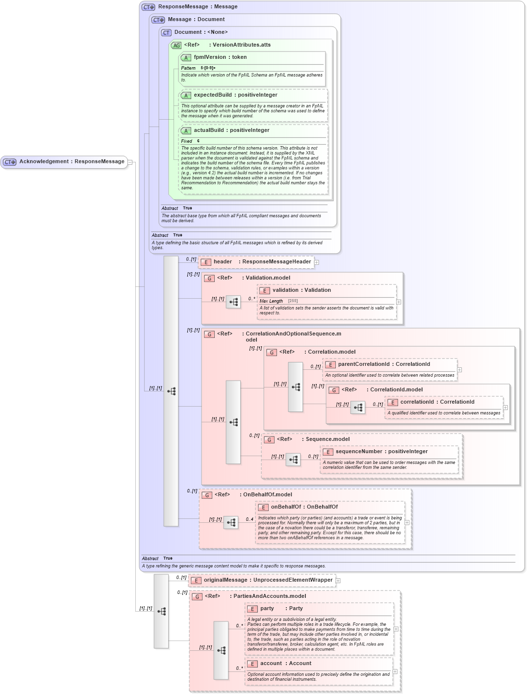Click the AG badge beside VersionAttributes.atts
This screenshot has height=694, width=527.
click(176, 45)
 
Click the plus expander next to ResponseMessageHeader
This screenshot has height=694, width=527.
click(317, 262)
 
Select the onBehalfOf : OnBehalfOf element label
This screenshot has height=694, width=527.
click(304, 507)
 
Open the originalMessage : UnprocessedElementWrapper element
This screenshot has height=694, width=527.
click(268, 580)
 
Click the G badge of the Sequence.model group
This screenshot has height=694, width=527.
click(269, 440)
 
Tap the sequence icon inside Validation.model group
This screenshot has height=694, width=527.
click(233, 302)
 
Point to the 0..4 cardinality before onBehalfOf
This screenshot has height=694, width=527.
click(250, 519)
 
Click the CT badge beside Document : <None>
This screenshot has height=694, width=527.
click(166, 33)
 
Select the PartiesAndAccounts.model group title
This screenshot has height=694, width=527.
click(269, 596)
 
